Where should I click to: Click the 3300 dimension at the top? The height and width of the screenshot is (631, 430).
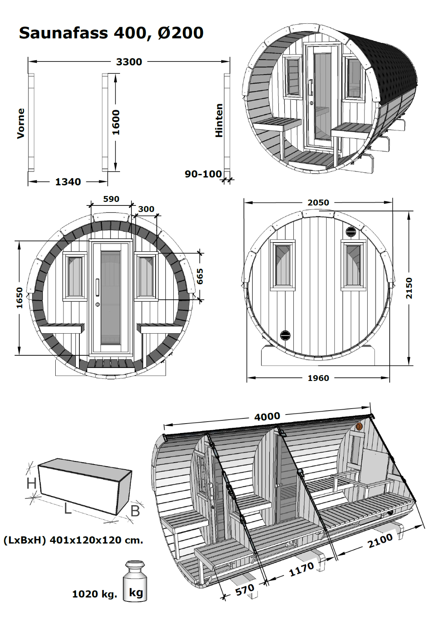point(129,62)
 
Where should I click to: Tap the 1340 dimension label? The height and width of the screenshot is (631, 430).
point(68,182)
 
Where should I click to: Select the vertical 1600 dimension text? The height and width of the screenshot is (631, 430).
point(116,122)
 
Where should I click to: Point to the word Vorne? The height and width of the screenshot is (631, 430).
point(21,123)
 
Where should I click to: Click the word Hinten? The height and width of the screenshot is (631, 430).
point(219,120)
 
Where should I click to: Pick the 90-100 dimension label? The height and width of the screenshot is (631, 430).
point(203,174)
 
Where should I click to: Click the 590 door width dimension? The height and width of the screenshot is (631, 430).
point(111,199)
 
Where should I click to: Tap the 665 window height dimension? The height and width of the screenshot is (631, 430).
point(200,276)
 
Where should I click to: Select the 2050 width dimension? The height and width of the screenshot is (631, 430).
point(318,202)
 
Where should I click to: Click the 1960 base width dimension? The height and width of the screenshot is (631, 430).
point(318,378)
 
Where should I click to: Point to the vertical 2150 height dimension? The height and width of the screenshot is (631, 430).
point(409,288)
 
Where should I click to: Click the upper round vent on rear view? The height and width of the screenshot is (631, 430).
point(350,232)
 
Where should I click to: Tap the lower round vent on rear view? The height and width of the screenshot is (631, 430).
point(285,336)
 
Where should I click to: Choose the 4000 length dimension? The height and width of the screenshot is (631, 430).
point(267,416)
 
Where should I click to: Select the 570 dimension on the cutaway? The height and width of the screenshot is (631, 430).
point(245,590)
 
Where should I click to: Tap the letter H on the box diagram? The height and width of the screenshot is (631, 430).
point(32,483)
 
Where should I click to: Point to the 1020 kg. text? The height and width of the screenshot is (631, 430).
point(94,594)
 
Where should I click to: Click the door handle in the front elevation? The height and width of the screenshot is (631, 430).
point(97,287)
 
